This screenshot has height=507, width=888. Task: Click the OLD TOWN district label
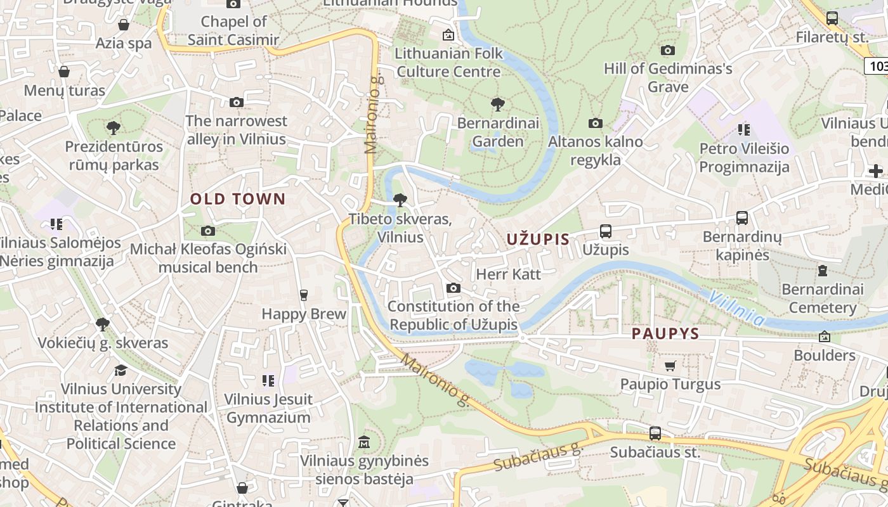238,199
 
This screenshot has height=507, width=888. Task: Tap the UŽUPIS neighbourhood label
538,239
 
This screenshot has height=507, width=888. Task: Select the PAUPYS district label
665,334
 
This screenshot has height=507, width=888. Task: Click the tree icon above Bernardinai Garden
498,105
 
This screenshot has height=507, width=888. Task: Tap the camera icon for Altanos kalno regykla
595,123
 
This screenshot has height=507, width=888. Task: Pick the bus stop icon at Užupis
606,231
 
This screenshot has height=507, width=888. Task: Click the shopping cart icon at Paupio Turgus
670,366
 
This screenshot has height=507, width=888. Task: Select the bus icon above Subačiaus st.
655,433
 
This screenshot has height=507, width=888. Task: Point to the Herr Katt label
508,274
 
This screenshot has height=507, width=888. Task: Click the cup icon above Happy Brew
303,295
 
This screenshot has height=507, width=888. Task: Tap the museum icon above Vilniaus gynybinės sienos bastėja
364,442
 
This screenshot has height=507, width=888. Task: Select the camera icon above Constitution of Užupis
453,288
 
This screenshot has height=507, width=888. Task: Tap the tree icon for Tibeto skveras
400,200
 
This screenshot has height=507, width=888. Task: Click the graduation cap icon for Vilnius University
121,370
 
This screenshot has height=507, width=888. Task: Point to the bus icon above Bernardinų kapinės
741,218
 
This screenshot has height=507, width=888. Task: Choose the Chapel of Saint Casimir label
233,30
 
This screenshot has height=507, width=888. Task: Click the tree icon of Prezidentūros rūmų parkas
114,128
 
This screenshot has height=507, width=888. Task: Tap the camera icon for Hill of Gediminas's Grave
667,50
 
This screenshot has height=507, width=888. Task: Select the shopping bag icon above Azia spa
124,25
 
